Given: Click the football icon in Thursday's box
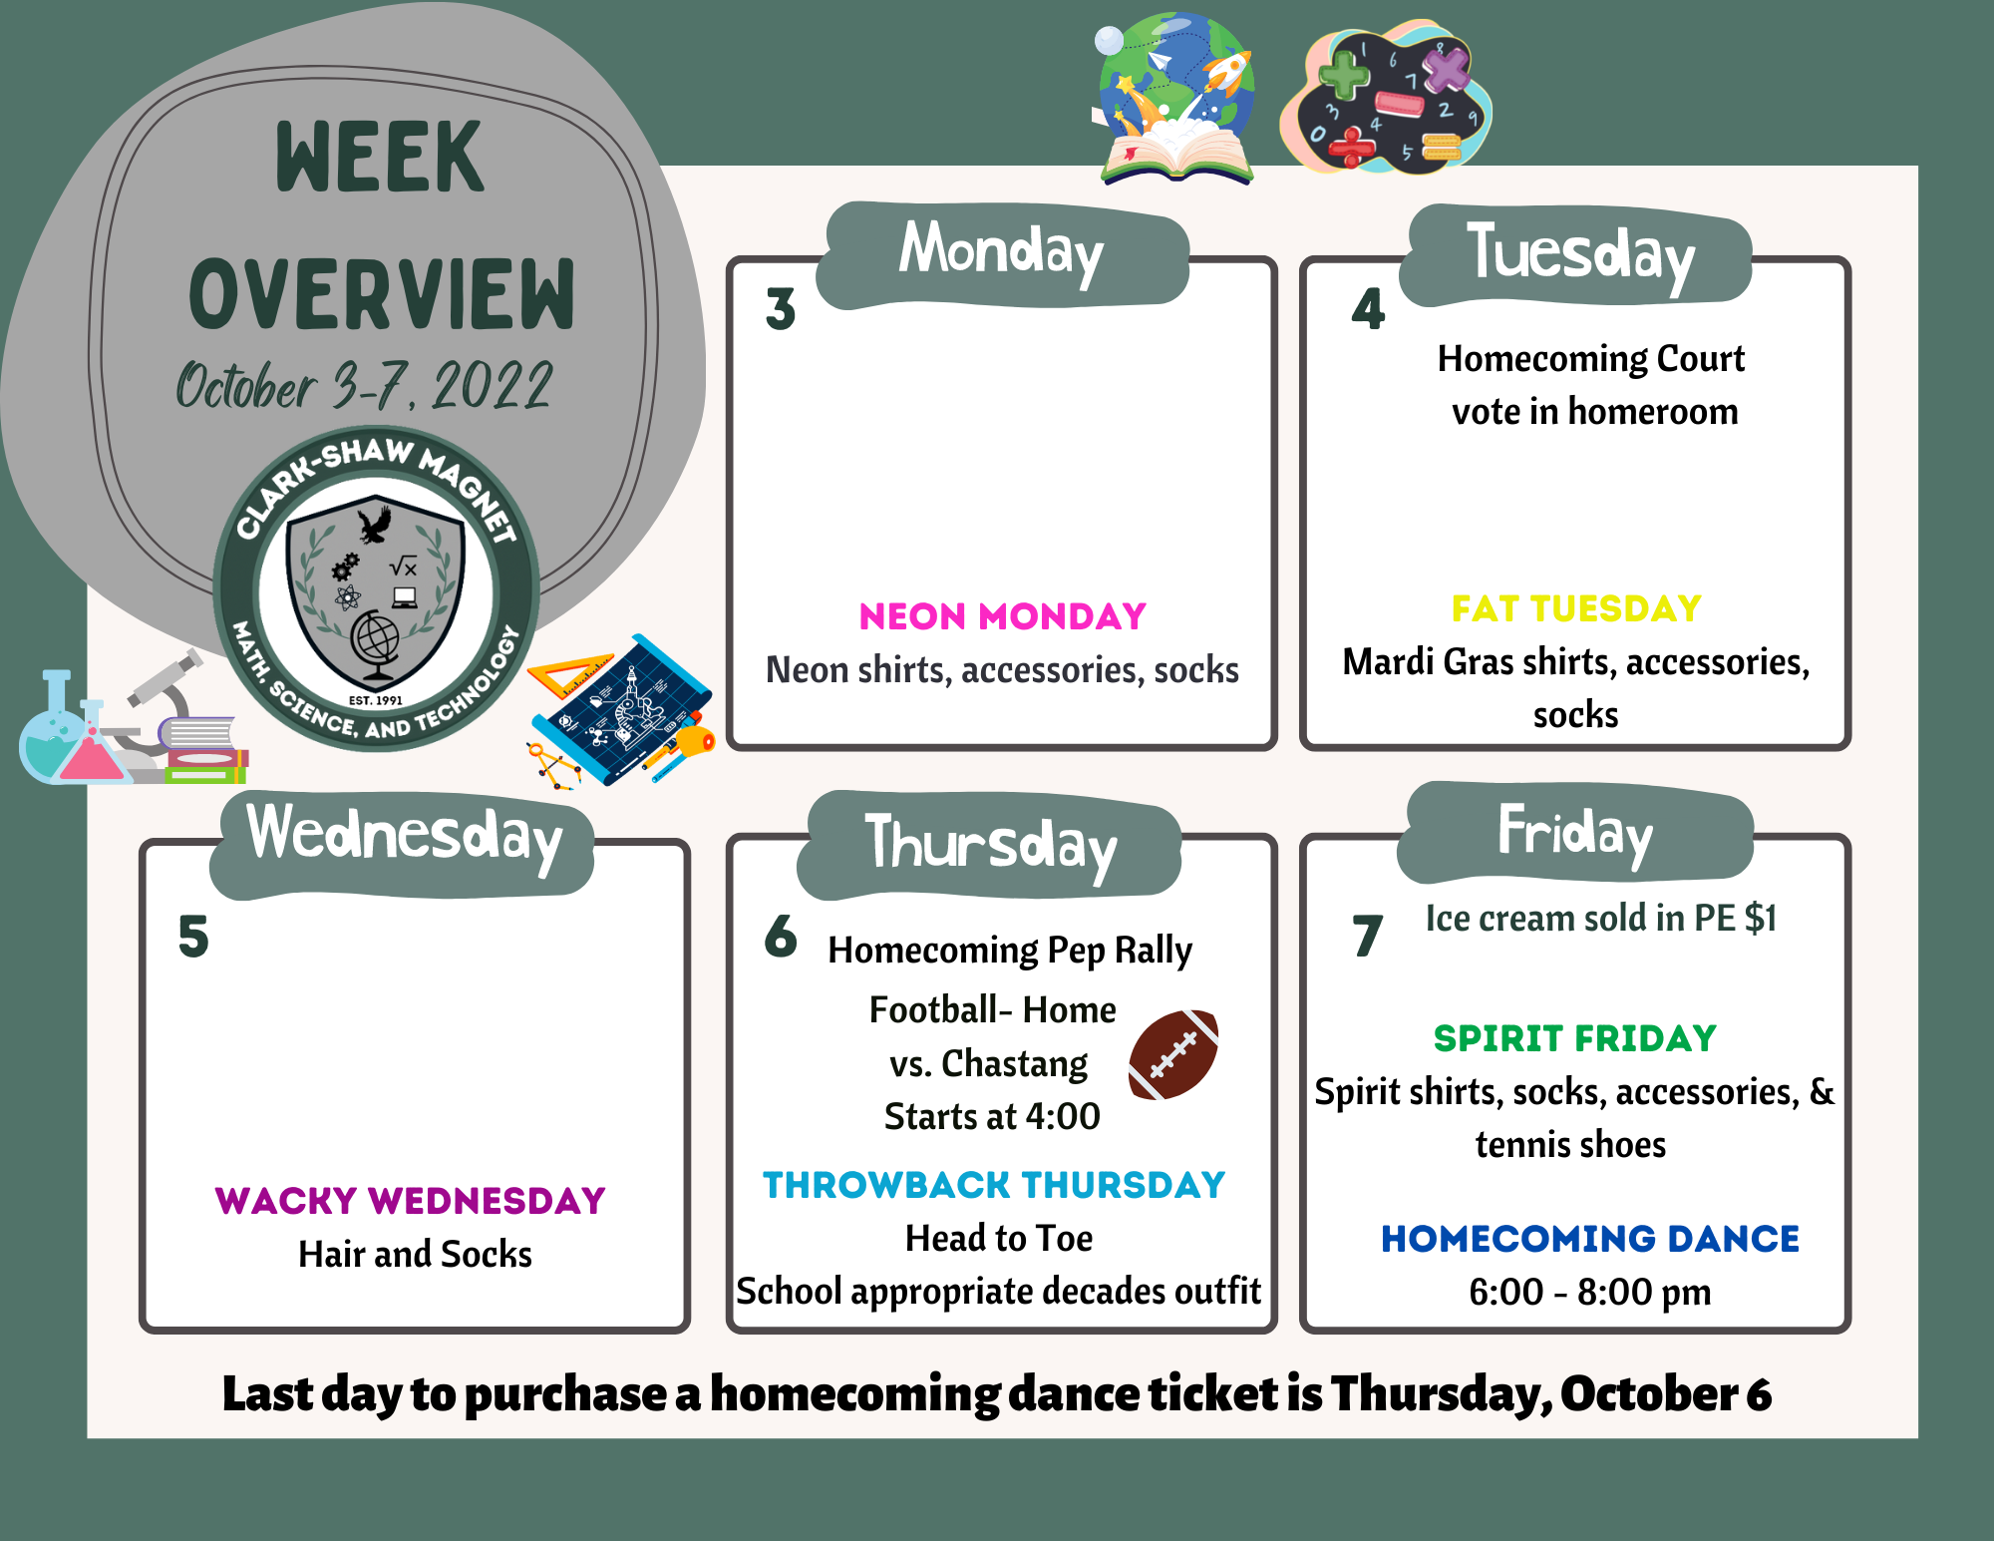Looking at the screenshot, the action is coord(1173,1055).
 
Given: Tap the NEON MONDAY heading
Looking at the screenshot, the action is coord(1002,616).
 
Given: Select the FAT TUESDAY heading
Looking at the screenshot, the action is coord(1576,608).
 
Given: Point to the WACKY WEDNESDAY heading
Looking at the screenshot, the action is coord(410,1200).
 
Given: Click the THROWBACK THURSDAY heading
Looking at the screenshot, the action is coord(994,1184).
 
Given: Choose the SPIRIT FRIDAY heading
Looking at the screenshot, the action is coord(1575,1038).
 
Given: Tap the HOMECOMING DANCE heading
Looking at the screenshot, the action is coord(1590,1239).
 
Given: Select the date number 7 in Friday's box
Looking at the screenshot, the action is coord(1368,936).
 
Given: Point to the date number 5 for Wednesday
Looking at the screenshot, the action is coord(193,936).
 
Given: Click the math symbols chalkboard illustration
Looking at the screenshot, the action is coord(1386,98).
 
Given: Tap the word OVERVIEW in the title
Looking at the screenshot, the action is coord(382,293).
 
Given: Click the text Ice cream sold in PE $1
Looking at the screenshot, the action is coord(1601,919).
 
